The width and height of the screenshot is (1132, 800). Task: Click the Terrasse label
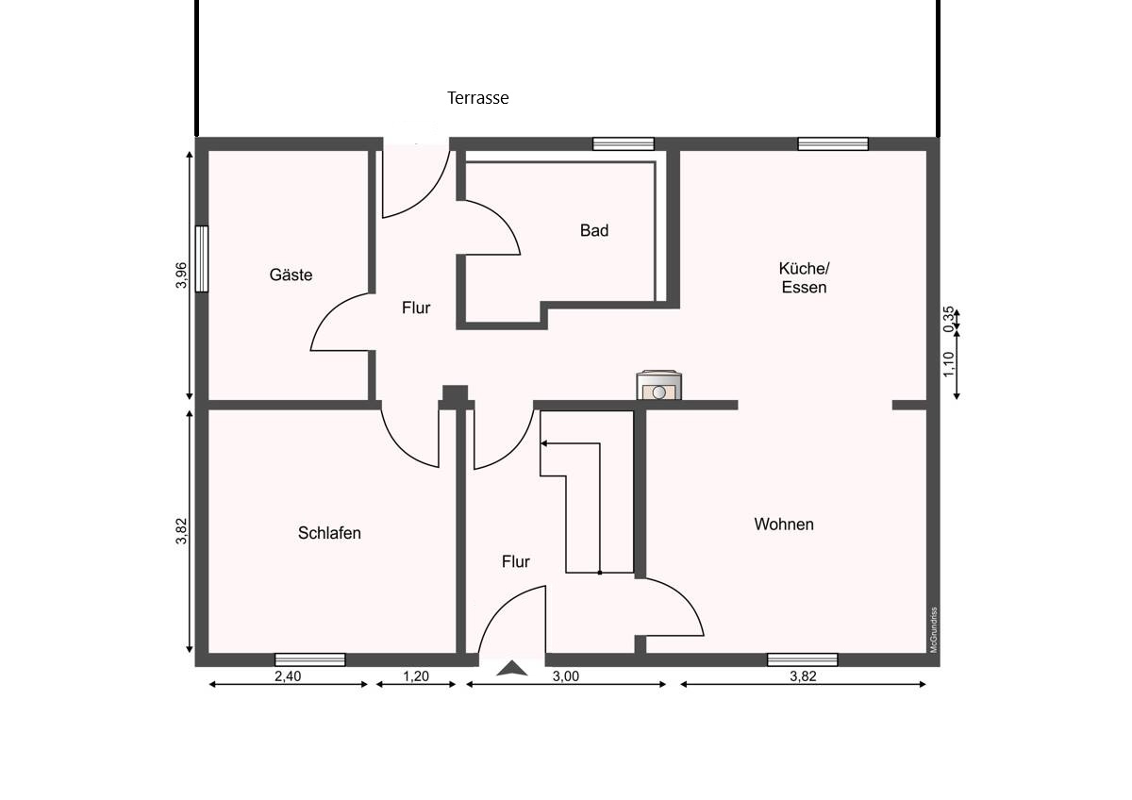(477, 97)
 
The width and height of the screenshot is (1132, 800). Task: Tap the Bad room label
(593, 230)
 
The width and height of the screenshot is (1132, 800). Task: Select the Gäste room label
(291, 275)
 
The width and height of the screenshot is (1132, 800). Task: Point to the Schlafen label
(329, 533)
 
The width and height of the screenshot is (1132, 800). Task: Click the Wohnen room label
(784, 525)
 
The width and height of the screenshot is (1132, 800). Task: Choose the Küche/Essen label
(804, 277)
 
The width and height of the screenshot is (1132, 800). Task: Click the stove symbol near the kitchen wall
(658, 385)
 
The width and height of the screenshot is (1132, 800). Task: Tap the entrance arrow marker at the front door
(512, 668)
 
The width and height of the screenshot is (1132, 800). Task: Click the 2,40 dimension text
(288, 675)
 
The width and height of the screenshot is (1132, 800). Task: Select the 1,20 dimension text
(415, 675)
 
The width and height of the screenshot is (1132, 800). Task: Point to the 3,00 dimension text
(565, 675)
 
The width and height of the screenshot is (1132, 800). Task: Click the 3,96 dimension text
(181, 275)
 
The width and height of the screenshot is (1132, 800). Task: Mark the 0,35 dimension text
(949, 320)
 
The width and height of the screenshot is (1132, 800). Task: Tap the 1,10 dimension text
(949, 364)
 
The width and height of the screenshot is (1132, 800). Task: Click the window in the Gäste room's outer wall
(202, 258)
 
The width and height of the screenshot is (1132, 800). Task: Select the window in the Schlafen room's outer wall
(309, 659)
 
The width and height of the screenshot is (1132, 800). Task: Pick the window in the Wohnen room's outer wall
(803, 659)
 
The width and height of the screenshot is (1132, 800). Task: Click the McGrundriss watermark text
(934, 629)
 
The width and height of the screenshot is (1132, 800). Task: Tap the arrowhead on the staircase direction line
(543, 443)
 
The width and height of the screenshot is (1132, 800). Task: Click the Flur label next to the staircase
(515, 561)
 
